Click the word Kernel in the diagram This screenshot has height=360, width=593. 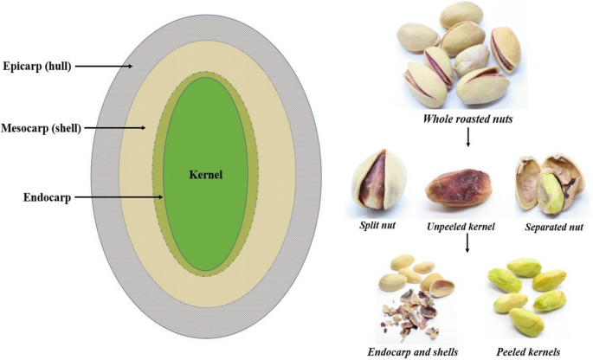(205, 174)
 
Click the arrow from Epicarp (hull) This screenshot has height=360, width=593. (108, 66)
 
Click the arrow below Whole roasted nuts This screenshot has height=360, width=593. (467, 138)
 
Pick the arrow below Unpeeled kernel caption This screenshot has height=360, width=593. (467, 244)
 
